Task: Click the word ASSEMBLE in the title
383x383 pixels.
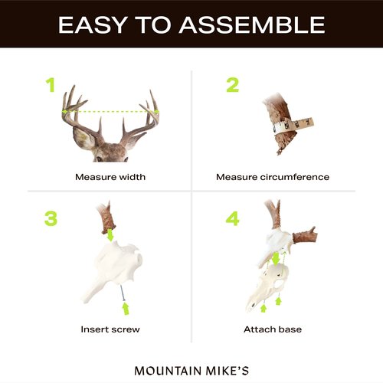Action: [x=252, y=25]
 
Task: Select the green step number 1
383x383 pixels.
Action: [x=51, y=85]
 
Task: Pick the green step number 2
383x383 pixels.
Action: [x=232, y=85]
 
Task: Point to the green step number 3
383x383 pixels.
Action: [x=51, y=218]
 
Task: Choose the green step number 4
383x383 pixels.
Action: [x=232, y=218]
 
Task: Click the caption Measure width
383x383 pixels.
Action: [x=110, y=177]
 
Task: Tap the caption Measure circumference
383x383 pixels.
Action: [x=273, y=177]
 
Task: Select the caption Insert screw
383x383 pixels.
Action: [x=110, y=329]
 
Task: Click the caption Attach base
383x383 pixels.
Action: [x=273, y=329]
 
